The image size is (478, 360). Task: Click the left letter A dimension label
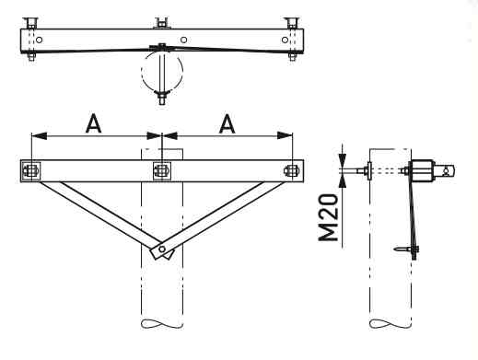(x=94, y=123)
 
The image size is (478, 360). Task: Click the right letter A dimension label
(x=227, y=123)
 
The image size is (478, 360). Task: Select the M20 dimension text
(x=328, y=217)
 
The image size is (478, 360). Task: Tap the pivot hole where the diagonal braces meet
(x=162, y=249)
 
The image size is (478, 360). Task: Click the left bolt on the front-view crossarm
(x=31, y=171)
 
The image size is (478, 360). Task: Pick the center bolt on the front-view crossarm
(x=162, y=171)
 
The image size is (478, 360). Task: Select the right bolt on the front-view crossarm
(x=290, y=171)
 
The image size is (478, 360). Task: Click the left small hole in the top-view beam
(x=39, y=40)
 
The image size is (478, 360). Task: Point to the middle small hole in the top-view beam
(x=183, y=40)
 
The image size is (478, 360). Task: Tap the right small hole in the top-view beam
(x=285, y=40)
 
